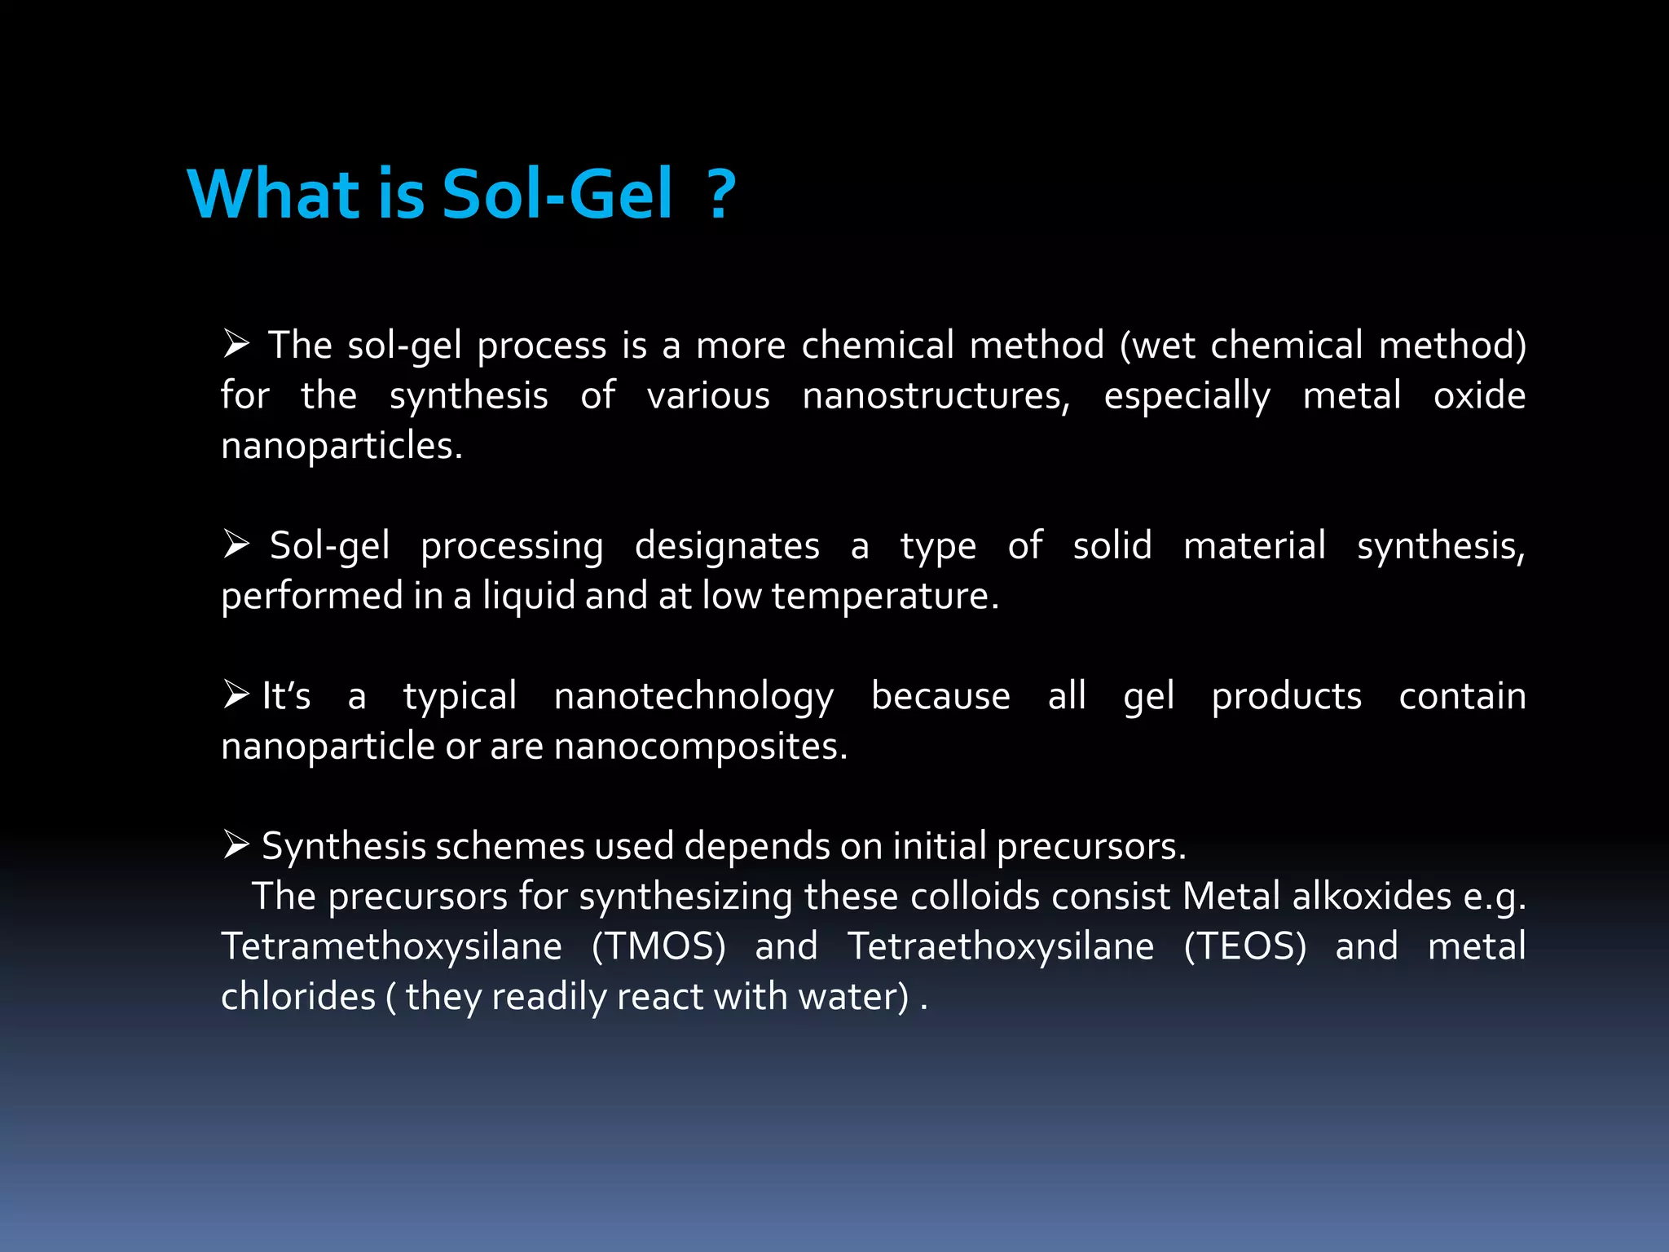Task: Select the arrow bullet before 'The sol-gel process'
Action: (236, 344)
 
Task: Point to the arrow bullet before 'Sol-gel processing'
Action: (236, 544)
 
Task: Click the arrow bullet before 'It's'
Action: (236, 694)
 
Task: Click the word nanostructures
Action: (936, 395)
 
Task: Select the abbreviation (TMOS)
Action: (658, 946)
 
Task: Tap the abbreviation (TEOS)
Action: (1244, 946)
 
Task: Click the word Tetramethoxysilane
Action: (391, 946)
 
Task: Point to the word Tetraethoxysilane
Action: (1001, 946)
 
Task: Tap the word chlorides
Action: (298, 996)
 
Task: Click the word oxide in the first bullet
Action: (1479, 395)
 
